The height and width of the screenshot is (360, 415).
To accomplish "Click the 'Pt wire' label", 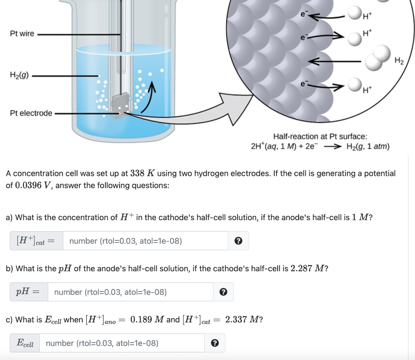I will [22, 34].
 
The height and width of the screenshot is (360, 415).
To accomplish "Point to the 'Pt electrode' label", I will [31, 113].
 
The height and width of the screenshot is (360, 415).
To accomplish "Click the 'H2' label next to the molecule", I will [399, 61].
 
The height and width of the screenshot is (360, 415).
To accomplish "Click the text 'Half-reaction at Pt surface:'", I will [320, 137].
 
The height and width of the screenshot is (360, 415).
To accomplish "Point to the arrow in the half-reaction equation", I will [333, 147].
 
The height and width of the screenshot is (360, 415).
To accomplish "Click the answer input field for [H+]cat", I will [145, 241].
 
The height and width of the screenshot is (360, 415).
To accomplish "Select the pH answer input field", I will [130, 292].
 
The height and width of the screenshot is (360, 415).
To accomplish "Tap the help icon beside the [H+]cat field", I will [239, 241].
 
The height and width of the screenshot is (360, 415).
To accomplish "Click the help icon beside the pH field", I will [223, 292].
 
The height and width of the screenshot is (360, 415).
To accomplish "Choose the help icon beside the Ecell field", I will [215, 343].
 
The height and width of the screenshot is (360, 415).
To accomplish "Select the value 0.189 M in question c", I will [148, 319].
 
